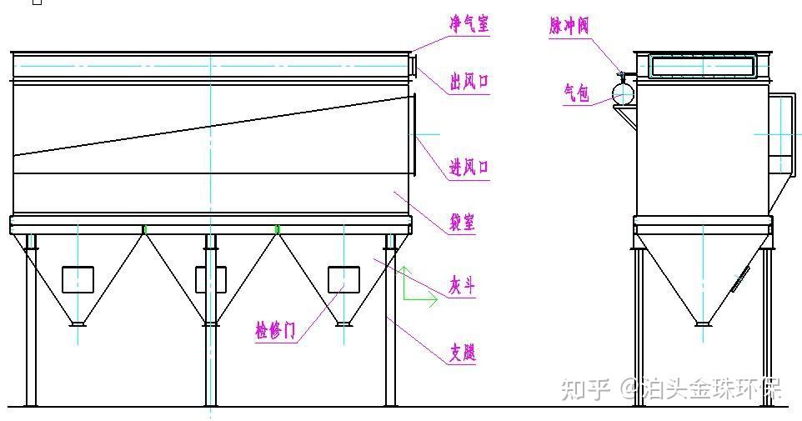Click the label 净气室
pos(469,24)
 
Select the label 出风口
pos(469,82)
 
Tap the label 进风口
pos(469,168)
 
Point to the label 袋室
pos(463,222)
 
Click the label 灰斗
pos(463,287)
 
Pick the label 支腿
pos(463,353)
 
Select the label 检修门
pos(275,330)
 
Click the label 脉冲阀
pos(569,26)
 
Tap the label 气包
pos(576,93)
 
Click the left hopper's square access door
pos(78,279)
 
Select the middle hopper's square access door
pos(210,279)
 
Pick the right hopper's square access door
pos(343,279)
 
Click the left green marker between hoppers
pos(144,228)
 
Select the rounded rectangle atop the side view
pos(703,65)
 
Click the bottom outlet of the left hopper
pos(78,321)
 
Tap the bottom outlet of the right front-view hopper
pos(343,321)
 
